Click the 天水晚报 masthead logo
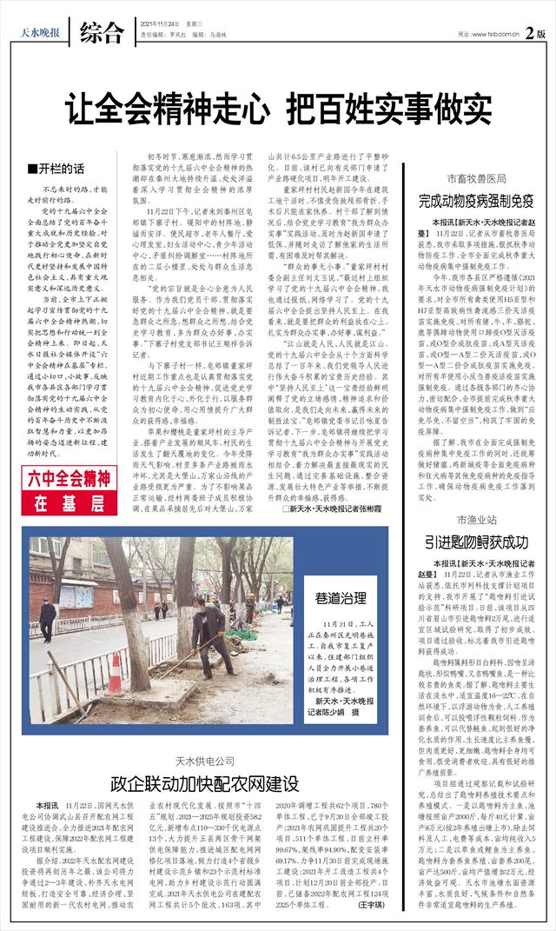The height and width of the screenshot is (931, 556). tap(41, 34)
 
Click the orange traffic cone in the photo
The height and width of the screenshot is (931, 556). tap(115, 674)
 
